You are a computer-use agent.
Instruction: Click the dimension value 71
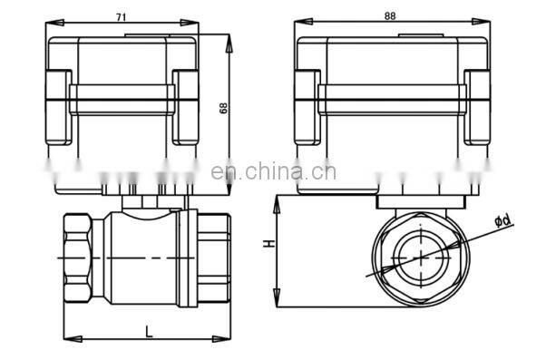point(121,17)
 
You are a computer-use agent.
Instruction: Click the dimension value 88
point(390,16)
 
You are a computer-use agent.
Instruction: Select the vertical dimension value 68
point(223,108)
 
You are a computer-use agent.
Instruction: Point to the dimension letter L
point(149,332)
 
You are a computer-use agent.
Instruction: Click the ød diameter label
point(502,220)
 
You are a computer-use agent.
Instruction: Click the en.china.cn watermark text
point(273,172)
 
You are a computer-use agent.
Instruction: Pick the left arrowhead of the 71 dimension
point(54,23)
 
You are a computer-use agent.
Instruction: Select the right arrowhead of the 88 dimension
point(481,22)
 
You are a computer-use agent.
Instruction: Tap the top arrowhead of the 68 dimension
point(229,44)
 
